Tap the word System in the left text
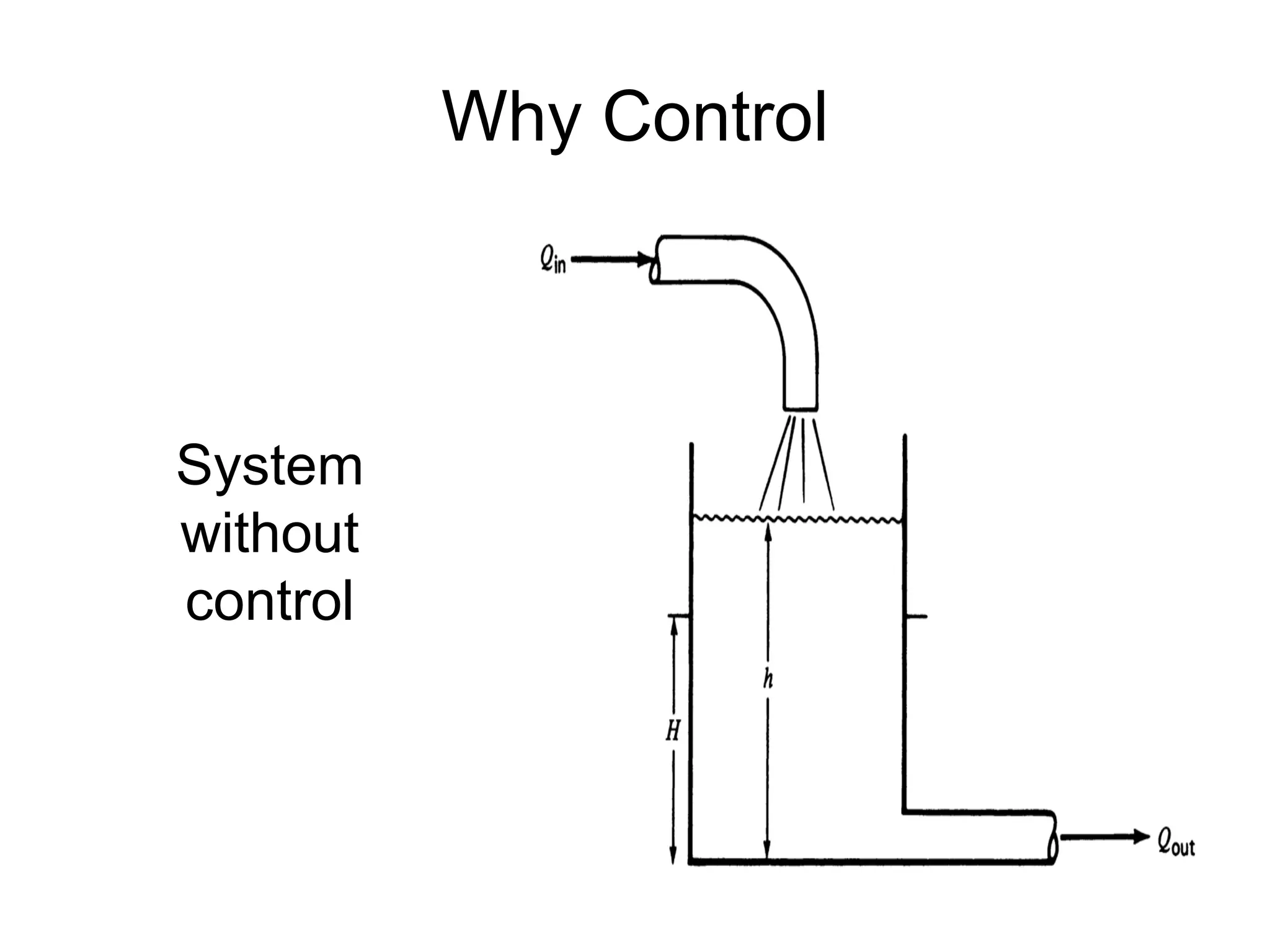click(x=269, y=466)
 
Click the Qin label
click(x=551, y=262)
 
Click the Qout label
click(x=1176, y=844)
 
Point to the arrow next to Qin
click(x=611, y=260)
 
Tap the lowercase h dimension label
click(x=768, y=680)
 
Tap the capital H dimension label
click(x=673, y=732)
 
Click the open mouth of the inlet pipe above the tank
click(x=800, y=409)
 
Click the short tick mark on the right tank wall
click(x=917, y=617)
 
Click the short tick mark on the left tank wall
click(x=678, y=616)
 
